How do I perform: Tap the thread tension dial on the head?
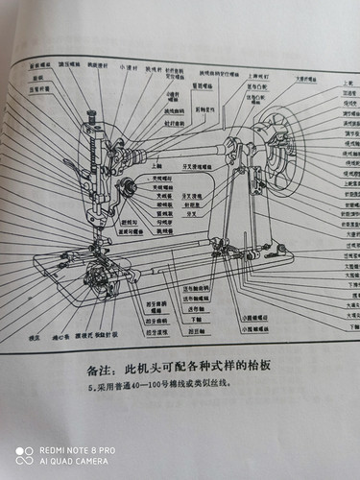[x=125, y=186]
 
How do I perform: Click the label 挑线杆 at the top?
[x=152, y=69]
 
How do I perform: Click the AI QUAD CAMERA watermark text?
[x=78, y=461]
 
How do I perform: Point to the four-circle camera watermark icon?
[x=25, y=455]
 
